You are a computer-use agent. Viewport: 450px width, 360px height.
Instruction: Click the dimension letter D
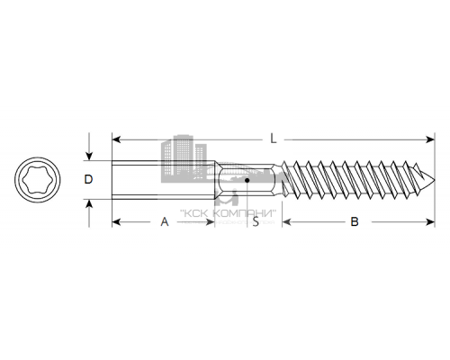87,179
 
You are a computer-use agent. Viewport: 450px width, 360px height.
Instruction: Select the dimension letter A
164,220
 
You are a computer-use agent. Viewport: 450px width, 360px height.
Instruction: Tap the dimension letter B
354,220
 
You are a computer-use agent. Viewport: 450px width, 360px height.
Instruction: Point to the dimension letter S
256,220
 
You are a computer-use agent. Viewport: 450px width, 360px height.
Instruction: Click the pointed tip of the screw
433,179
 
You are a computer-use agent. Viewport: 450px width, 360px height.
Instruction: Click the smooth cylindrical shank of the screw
162,179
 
